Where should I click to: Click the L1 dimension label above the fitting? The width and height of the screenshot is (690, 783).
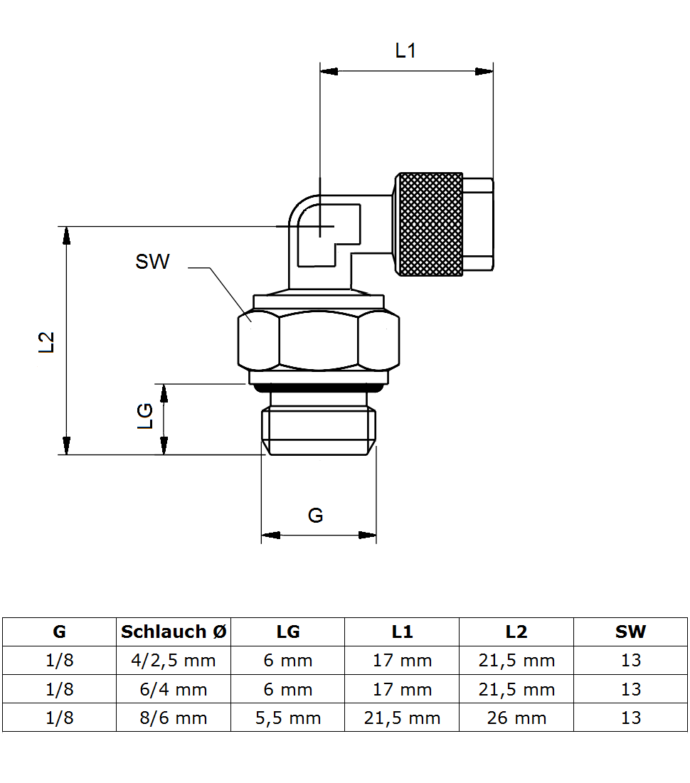(405, 50)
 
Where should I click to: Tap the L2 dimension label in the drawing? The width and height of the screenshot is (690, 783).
(46, 342)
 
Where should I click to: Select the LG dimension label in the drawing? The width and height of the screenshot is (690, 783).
(145, 416)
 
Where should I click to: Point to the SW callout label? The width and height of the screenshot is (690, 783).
(152, 262)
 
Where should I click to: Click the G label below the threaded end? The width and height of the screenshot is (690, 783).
(316, 515)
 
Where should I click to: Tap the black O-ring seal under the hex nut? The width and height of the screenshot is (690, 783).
(318, 388)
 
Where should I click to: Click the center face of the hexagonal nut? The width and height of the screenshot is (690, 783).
(318, 341)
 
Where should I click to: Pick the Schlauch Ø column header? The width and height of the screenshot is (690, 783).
(174, 632)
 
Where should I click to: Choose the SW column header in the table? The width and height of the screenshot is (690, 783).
(630, 632)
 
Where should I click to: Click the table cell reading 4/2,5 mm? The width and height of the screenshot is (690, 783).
(174, 660)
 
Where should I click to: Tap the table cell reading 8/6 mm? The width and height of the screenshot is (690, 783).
(174, 718)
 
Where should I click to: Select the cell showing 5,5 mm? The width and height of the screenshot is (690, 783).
(288, 718)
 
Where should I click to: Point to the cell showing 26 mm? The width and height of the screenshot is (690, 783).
(516, 718)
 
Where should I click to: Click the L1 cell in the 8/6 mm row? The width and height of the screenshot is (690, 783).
(402, 718)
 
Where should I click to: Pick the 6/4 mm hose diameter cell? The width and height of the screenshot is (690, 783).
(174, 689)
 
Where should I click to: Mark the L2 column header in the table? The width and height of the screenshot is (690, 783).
(516, 632)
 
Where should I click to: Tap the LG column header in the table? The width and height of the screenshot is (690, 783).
(288, 632)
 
